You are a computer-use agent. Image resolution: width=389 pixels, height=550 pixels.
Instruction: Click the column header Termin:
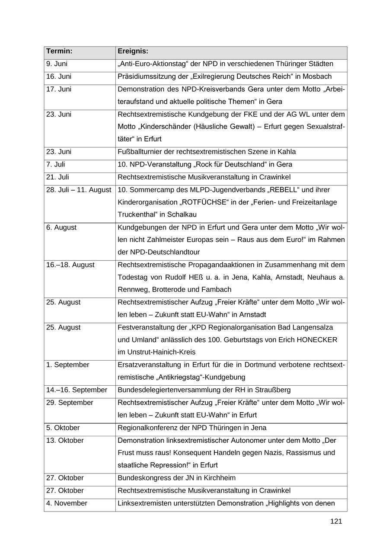(59, 51)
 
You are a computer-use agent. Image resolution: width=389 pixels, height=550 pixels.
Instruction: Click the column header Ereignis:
(133, 51)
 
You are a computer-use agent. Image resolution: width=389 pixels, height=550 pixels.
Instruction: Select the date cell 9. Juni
(57, 64)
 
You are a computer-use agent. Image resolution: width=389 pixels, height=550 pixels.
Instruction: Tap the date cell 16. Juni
(58, 77)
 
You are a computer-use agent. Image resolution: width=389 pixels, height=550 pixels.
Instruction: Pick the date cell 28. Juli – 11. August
(79, 190)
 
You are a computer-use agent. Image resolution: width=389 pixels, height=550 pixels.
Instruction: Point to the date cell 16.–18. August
(70, 265)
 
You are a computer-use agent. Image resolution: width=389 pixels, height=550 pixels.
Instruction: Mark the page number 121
(336, 521)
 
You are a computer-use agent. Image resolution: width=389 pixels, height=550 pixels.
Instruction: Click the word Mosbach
(318, 77)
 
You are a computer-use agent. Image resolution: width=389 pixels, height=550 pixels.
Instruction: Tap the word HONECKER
(316, 340)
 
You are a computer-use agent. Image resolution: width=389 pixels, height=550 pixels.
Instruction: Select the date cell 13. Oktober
(65, 441)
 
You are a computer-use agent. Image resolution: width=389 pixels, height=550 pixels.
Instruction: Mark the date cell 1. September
(67, 365)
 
